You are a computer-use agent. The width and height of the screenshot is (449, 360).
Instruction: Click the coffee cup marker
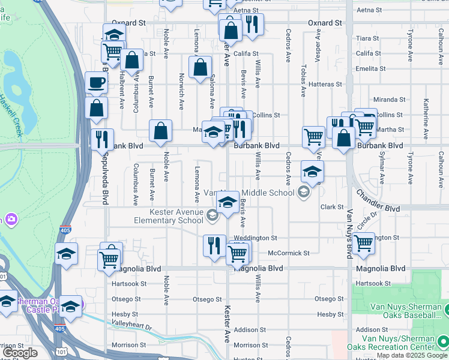coord(95,83)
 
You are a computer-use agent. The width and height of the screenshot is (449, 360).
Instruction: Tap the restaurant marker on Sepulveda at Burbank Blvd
coord(101,139)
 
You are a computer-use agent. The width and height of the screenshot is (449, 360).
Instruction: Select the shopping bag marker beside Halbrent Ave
coord(131,61)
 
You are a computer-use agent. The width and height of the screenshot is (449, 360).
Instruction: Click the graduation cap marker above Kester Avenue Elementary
coord(228,202)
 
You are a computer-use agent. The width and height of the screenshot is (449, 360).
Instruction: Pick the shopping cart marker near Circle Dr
coord(363,243)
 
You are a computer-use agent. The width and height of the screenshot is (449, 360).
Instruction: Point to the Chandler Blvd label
coord(378,201)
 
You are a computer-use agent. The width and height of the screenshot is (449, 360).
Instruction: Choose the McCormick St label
coord(289,253)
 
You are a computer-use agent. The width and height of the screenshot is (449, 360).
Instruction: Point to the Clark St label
coord(331,207)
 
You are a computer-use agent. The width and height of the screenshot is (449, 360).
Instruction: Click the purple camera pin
coord(11,220)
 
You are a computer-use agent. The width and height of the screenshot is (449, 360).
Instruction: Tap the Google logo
coord(20,353)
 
